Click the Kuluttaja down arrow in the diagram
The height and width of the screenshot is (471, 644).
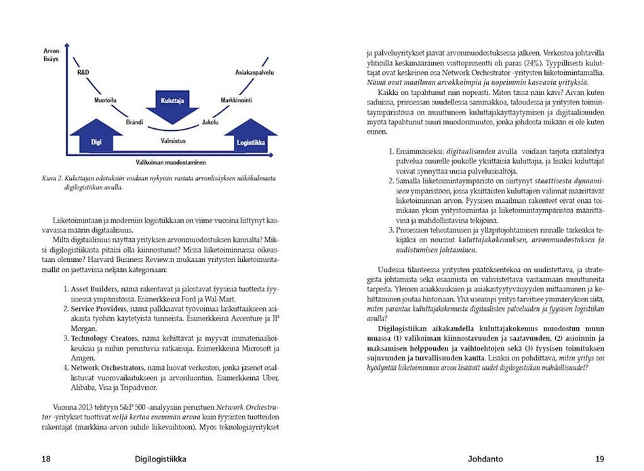pos(168,105)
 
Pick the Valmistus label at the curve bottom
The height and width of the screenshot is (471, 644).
pos(173,140)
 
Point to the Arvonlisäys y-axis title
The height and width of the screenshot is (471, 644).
pos(52,54)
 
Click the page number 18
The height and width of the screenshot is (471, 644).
pos(45,459)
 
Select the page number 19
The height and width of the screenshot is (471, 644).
pos(599,459)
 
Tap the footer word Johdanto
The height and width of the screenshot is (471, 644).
pos(485,459)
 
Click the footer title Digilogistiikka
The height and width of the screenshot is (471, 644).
pos(161,459)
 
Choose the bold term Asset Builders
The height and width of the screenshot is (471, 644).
pos(95,290)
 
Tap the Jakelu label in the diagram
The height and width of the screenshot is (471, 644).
pos(210,122)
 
